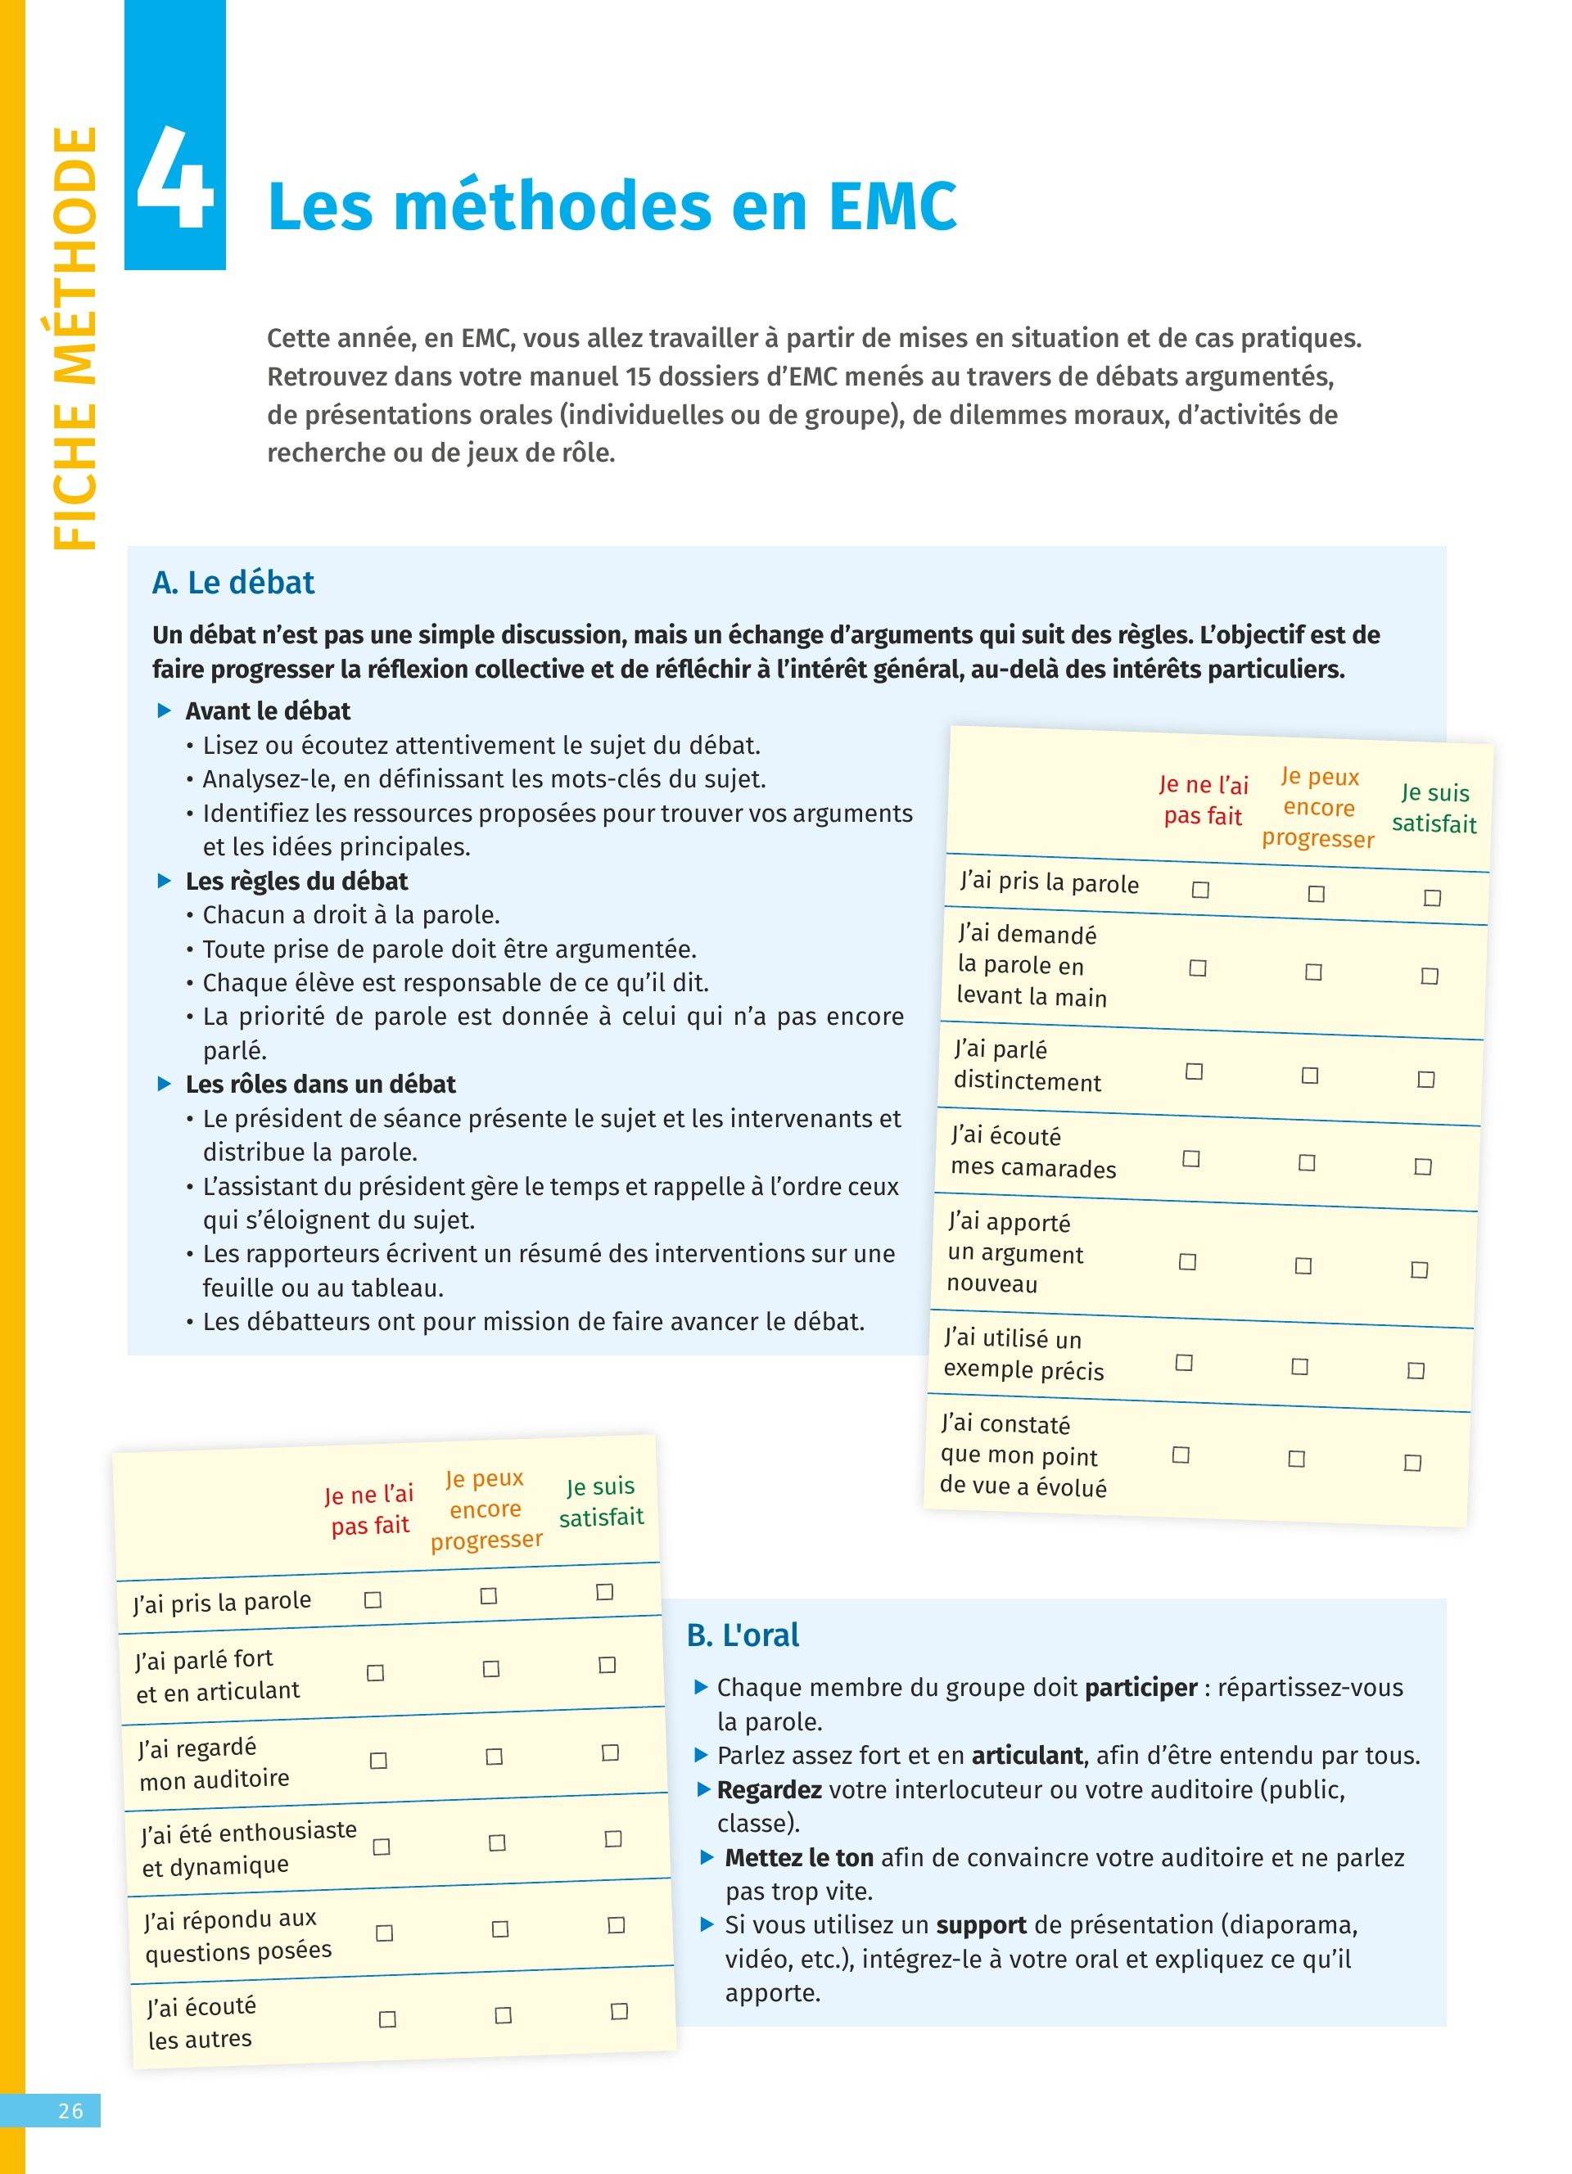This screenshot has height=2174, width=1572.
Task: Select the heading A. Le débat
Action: [233, 582]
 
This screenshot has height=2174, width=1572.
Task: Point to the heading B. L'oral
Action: [742, 1635]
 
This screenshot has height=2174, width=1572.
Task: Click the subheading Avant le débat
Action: [268, 710]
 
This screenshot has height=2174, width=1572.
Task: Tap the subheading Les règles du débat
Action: [296, 881]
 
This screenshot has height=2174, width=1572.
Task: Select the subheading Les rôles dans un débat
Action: [320, 1084]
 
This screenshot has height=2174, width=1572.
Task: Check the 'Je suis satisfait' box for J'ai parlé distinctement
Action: [1425, 1080]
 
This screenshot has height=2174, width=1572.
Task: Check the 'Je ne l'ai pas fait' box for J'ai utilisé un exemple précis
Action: [1184, 1362]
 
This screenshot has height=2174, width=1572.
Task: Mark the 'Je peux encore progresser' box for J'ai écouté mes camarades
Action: [1307, 1163]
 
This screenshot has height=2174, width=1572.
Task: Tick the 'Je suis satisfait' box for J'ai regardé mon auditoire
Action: [610, 1752]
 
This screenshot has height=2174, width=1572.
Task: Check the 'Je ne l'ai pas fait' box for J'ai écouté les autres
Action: [387, 2018]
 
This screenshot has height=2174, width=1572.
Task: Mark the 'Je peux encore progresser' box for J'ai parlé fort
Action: [490, 1669]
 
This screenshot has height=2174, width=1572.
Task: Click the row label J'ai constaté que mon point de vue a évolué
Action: [1023, 1455]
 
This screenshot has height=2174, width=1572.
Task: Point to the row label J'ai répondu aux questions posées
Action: [237, 1934]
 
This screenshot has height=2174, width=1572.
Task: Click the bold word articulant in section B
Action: [1027, 1755]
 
